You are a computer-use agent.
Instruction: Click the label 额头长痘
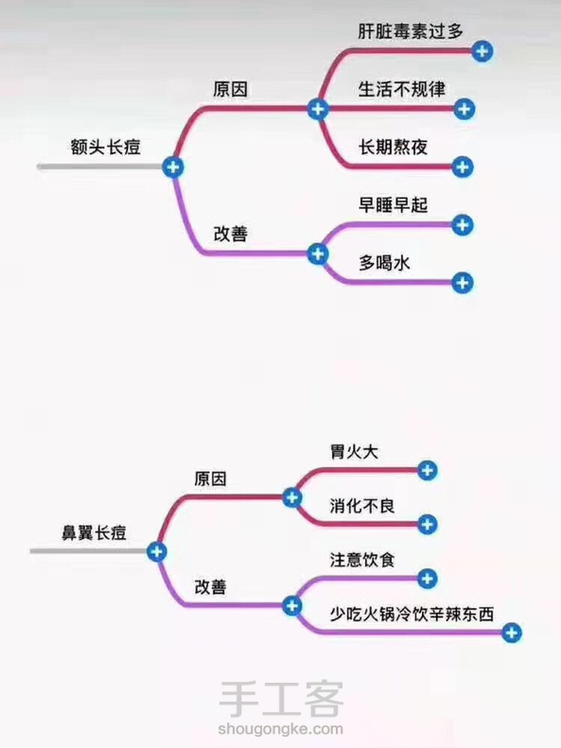105,147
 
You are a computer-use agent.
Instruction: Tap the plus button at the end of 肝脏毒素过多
482,51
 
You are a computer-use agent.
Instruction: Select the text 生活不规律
402,89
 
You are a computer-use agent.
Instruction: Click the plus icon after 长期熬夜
462,167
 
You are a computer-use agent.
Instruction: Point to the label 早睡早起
394,205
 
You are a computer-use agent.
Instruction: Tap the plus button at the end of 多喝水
462,283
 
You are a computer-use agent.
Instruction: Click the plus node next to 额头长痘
173,167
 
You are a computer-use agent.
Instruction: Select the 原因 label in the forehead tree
231,89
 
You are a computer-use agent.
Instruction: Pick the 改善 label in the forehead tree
231,234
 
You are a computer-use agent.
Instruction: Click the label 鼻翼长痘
94,532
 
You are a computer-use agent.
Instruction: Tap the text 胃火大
354,451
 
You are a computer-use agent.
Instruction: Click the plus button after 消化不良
427,524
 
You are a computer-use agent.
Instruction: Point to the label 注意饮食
362,560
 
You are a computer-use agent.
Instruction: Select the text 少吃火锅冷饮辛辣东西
412,614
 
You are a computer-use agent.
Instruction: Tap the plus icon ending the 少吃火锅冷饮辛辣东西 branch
511,633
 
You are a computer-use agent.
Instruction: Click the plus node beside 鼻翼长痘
156,551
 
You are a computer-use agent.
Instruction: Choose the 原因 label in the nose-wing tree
210,478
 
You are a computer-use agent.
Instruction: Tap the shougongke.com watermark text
280,729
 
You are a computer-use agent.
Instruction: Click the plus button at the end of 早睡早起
462,225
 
